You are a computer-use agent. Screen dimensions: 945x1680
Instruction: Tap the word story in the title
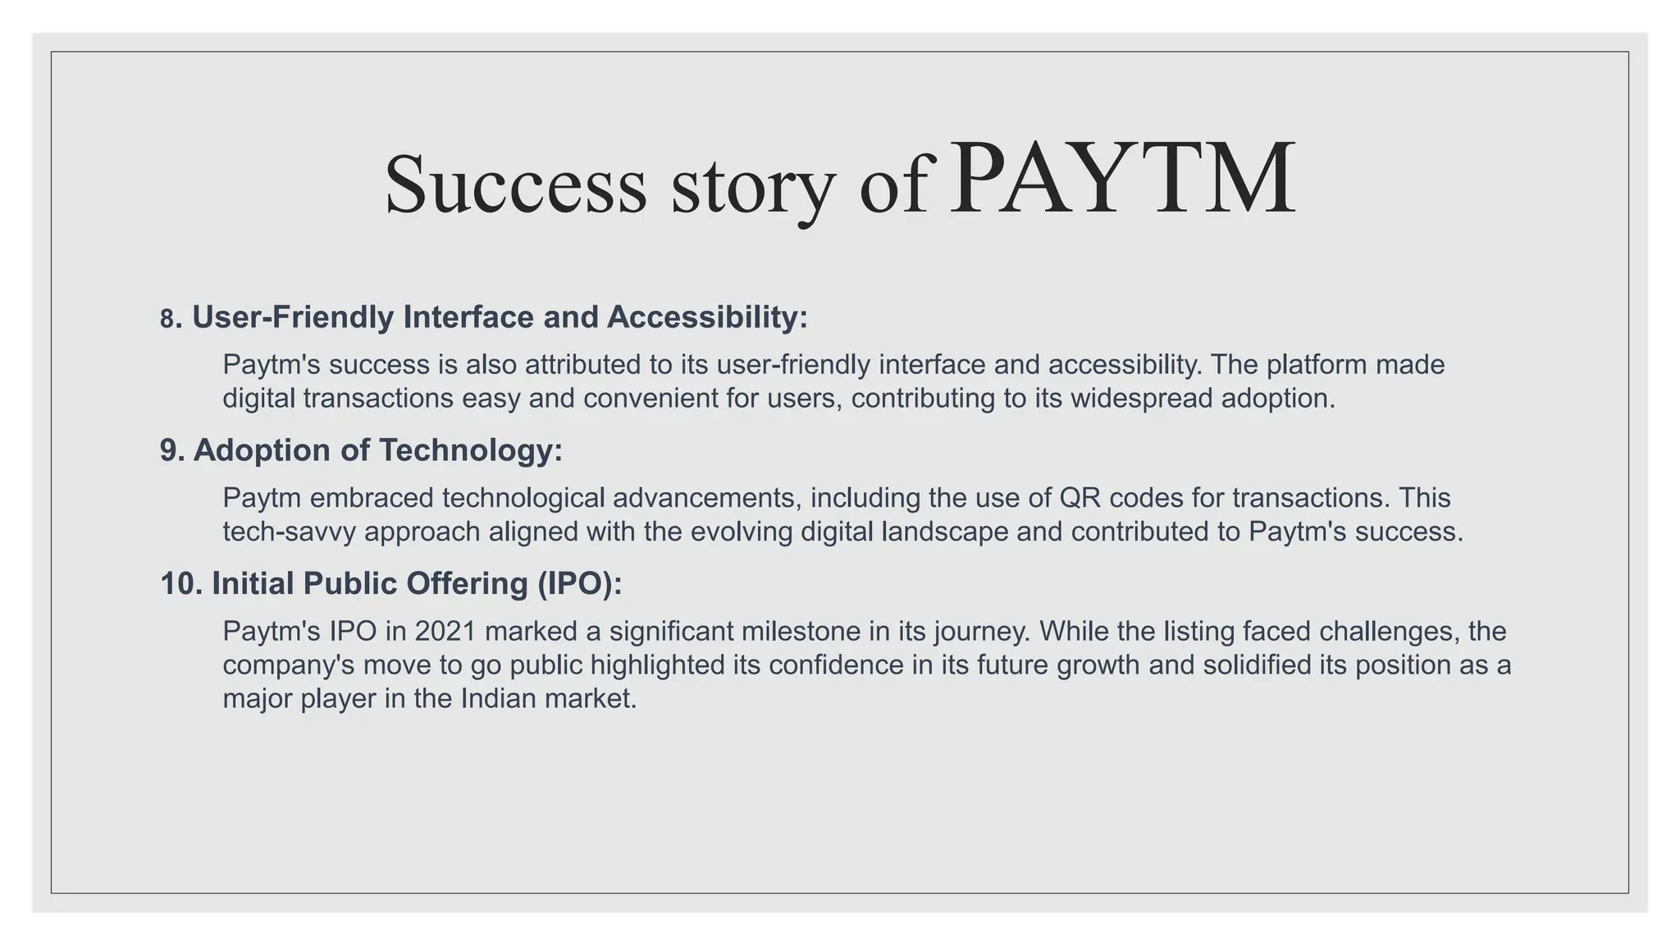click(x=753, y=187)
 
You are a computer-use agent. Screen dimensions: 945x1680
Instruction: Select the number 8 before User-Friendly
click(x=167, y=319)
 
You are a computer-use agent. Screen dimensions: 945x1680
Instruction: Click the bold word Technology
click(x=470, y=450)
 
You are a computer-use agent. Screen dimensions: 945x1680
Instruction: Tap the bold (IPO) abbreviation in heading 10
click(x=579, y=583)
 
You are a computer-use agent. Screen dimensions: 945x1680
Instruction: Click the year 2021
click(x=445, y=631)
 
